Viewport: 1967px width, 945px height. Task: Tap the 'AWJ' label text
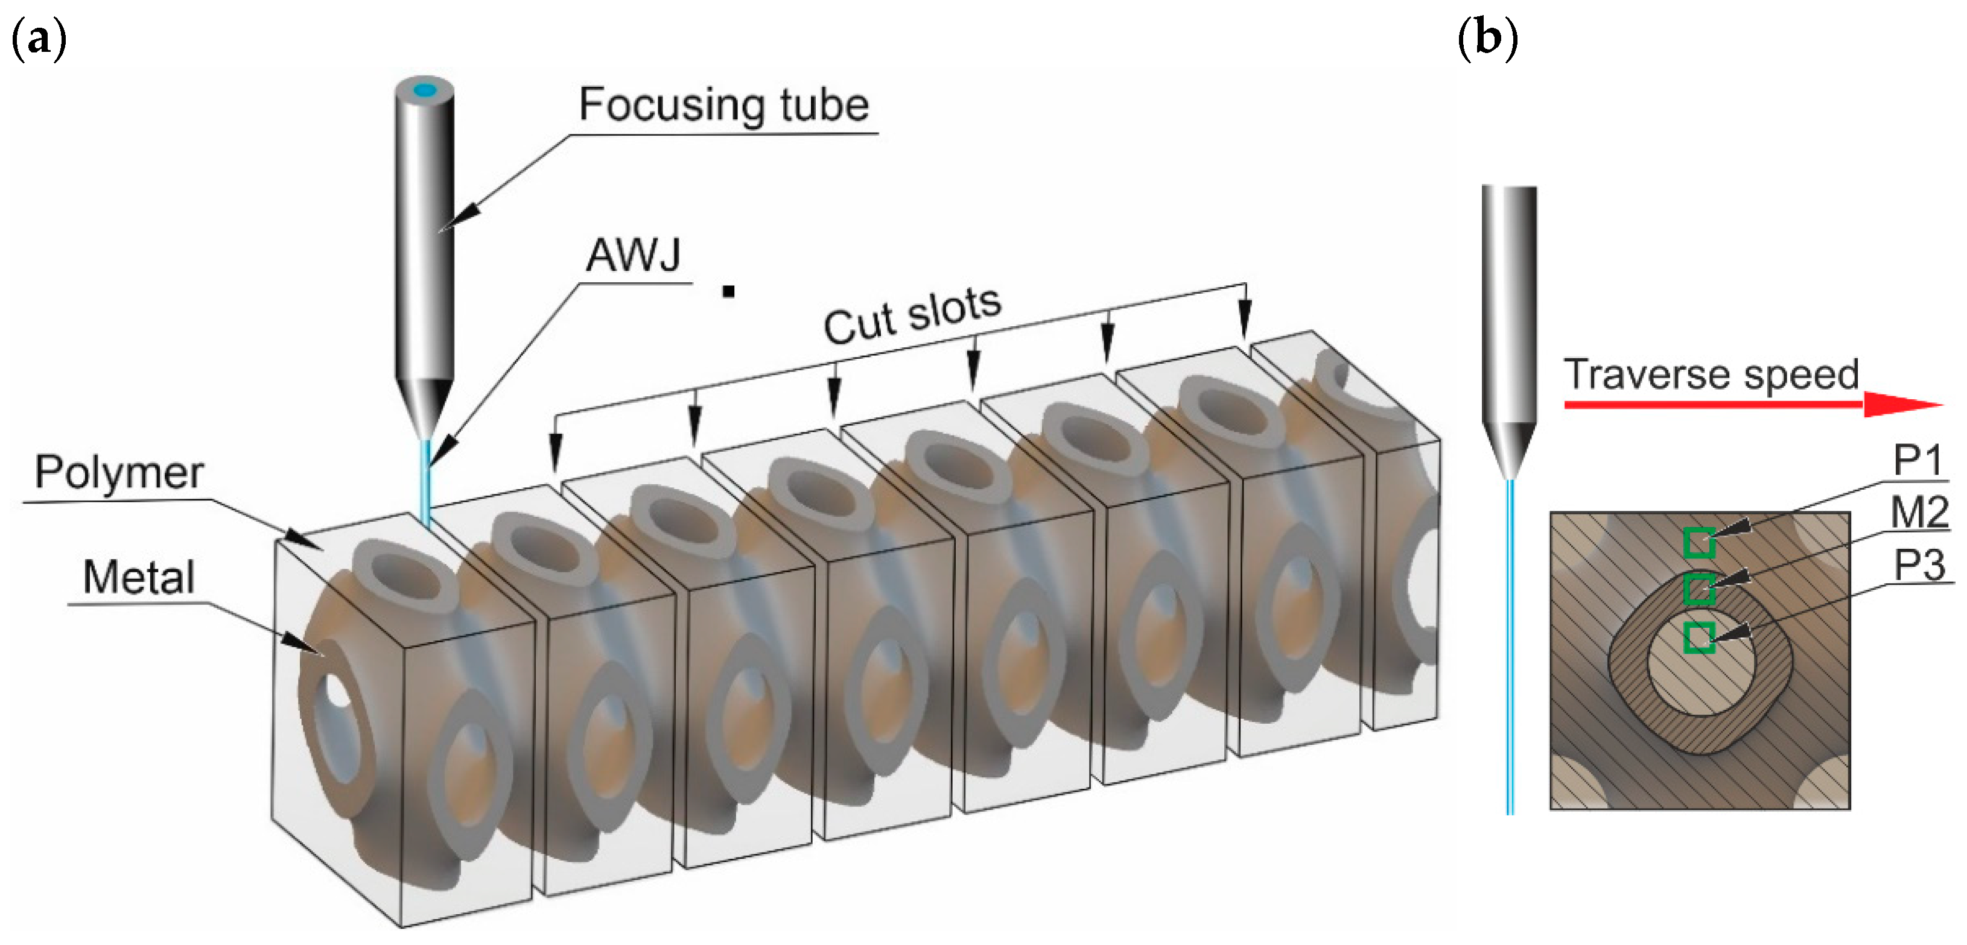click(633, 254)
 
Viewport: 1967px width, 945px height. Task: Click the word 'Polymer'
click(119, 473)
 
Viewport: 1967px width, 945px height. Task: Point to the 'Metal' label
click(138, 577)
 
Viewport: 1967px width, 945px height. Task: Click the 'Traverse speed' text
click(1711, 374)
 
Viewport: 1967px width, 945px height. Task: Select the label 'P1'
click(1918, 460)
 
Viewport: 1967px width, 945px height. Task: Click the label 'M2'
click(1919, 512)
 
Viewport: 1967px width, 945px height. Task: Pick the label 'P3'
click(1919, 566)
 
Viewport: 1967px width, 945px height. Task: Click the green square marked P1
click(1699, 543)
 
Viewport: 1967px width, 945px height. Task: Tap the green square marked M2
click(1699, 589)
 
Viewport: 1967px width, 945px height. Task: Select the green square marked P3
click(1699, 637)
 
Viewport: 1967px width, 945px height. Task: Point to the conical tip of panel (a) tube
click(425, 408)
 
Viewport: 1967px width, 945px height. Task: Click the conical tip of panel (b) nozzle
click(1509, 450)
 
